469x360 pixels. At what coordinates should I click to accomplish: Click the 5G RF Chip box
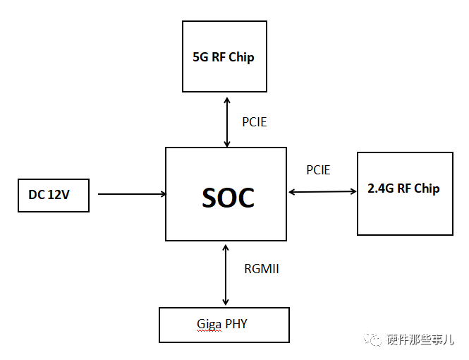(224, 56)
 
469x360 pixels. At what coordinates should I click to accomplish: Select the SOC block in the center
(226, 194)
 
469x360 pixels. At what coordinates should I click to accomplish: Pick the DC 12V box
(54, 194)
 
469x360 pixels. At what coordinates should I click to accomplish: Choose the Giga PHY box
(224, 325)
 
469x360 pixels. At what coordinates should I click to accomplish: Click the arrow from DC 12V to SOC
(130, 194)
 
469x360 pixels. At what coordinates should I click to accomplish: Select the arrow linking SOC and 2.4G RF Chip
(322, 191)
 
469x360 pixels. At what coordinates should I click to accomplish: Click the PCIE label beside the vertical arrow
(255, 122)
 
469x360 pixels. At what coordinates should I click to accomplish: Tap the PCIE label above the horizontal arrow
(318, 170)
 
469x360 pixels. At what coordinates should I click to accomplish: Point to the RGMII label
(262, 269)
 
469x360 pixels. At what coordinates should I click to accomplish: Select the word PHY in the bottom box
(236, 325)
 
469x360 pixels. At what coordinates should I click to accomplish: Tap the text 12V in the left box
(59, 195)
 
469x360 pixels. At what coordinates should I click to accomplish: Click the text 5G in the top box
(200, 57)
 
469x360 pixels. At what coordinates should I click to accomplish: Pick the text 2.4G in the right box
(382, 188)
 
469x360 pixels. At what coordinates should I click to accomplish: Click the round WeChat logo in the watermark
(374, 340)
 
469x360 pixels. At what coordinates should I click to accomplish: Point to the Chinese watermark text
(422, 340)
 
